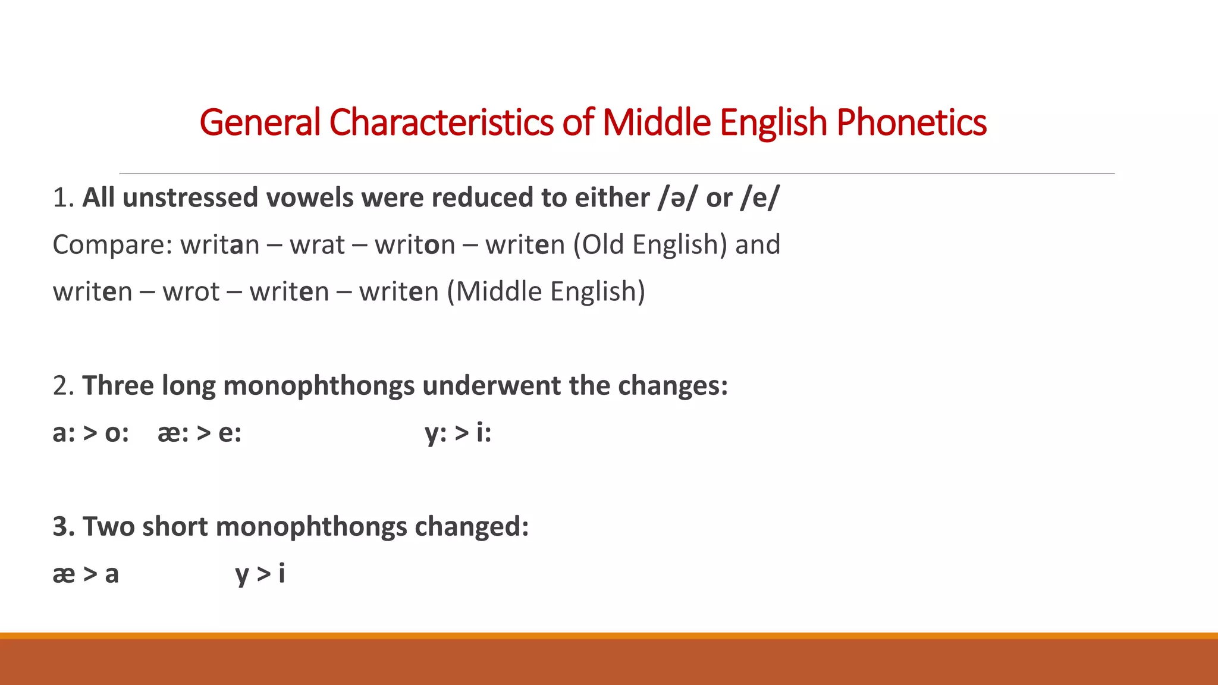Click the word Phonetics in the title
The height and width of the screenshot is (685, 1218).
pos(911,122)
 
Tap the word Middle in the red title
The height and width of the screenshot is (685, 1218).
pos(656,122)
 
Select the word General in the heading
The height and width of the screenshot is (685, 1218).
pos(260,122)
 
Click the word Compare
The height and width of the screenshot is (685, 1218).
pos(112,244)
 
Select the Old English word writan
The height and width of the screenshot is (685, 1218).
pos(220,244)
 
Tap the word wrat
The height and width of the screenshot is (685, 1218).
pos(317,244)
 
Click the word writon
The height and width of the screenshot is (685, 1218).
pos(415,244)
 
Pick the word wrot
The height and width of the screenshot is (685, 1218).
pos(191,291)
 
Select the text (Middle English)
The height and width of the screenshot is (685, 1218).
pos(546,291)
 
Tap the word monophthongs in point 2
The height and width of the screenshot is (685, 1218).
pos(319,385)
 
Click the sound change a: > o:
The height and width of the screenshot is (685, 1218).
pos(90,433)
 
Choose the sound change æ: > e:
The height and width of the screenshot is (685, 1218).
pos(199,433)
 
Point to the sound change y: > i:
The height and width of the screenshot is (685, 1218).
pos(458,433)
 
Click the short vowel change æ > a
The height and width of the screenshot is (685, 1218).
pos(86,574)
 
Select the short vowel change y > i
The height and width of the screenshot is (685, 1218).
pos(260,574)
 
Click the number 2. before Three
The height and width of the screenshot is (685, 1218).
pos(63,385)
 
